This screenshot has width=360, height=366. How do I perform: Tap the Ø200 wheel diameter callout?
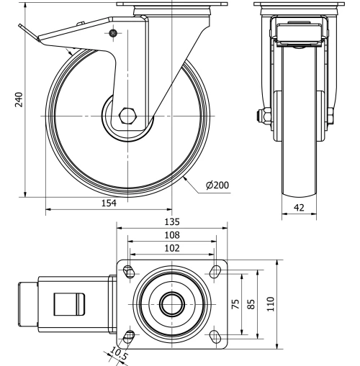click(217, 185)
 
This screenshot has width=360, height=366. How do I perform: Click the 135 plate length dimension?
click(171, 222)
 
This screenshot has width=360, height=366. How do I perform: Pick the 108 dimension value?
click(171, 234)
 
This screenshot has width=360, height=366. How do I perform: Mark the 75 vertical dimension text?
click(234, 303)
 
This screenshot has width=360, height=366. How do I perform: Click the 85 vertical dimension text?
click(251, 303)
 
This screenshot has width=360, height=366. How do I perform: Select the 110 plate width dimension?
click(270, 303)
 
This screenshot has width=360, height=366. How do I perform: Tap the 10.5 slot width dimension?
click(116, 354)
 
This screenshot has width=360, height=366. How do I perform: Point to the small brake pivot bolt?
click(112, 34)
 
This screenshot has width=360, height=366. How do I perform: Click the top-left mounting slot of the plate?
click(130, 271)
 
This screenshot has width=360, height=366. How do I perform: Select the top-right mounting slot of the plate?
click(214, 271)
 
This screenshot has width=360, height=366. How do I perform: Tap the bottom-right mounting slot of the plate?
click(214, 336)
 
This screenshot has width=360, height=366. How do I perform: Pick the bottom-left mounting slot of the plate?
click(130, 336)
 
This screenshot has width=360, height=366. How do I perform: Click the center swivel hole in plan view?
click(171, 303)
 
